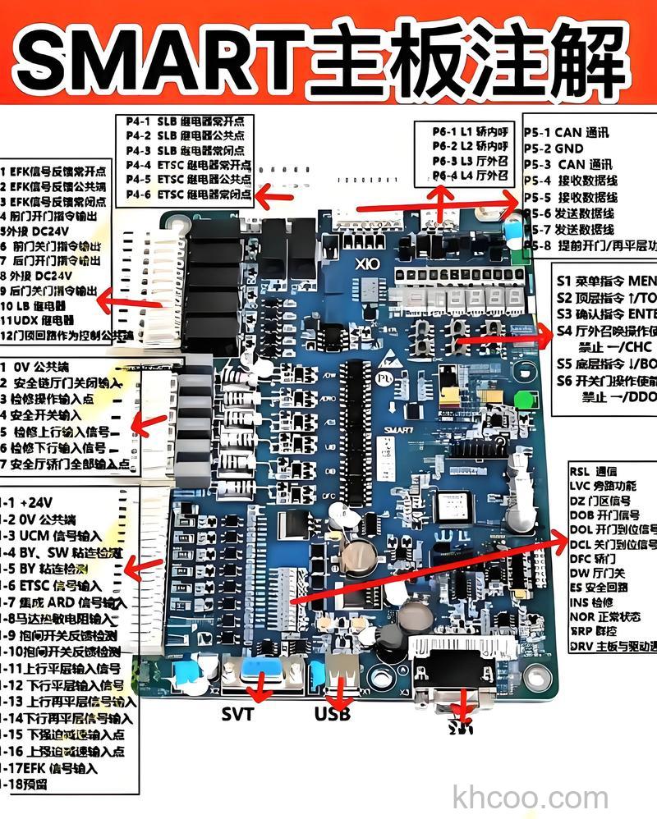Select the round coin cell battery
355,557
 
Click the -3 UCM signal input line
49,536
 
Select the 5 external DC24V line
38,231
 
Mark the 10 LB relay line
38,305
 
